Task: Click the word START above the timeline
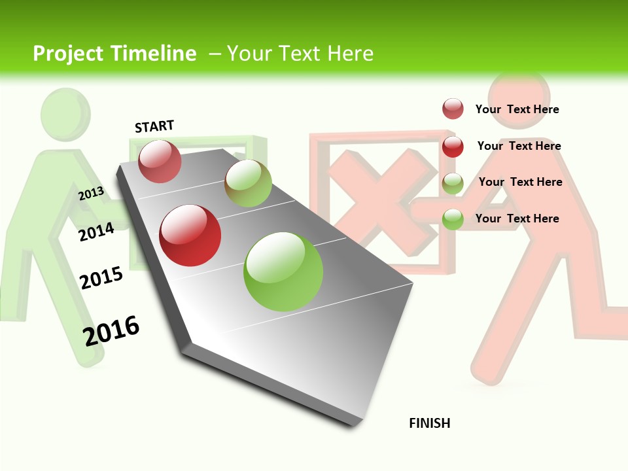[154, 126]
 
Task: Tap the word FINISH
[429, 423]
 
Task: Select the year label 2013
[91, 193]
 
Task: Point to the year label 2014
[96, 232]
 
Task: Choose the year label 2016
[111, 331]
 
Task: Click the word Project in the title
[67, 54]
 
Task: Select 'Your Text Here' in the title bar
[300, 54]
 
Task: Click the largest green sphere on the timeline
[283, 271]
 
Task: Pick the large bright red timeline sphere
[190, 235]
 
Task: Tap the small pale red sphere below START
[160, 161]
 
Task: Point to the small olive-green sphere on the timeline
[248, 183]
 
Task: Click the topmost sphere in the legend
[453, 109]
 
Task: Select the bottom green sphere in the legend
[453, 218]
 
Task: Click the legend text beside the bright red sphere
[519, 146]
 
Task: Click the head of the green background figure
[65, 114]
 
